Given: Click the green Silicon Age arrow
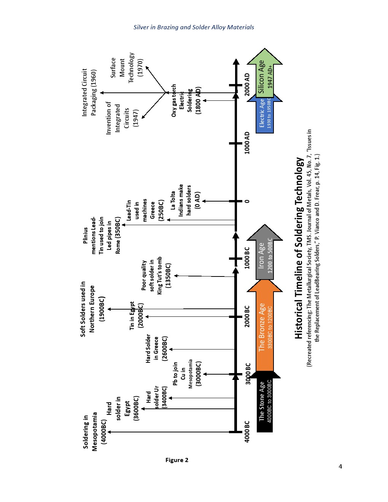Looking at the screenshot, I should pyautogui.click(x=265, y=74).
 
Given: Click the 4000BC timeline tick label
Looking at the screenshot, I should pyautogui.click(x=247, y=432).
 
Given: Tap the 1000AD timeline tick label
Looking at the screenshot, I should pyautogui.click(x=247, y=143).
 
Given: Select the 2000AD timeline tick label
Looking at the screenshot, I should pyautogui.click(x=247, y=85).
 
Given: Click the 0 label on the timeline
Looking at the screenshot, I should pyautogui.click(x=247, y=201).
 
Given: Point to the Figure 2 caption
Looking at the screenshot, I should pyautogui.click(x=177, y=460).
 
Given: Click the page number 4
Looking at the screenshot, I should pyautogui.click(x=340, y=467).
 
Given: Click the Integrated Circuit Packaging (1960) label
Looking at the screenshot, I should pyautogui.click(x=89, y=92).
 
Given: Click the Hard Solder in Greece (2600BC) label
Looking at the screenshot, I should pyautogui.click(x=156, y=348).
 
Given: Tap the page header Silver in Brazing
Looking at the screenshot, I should pyautogui.click(x=194, y=27).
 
